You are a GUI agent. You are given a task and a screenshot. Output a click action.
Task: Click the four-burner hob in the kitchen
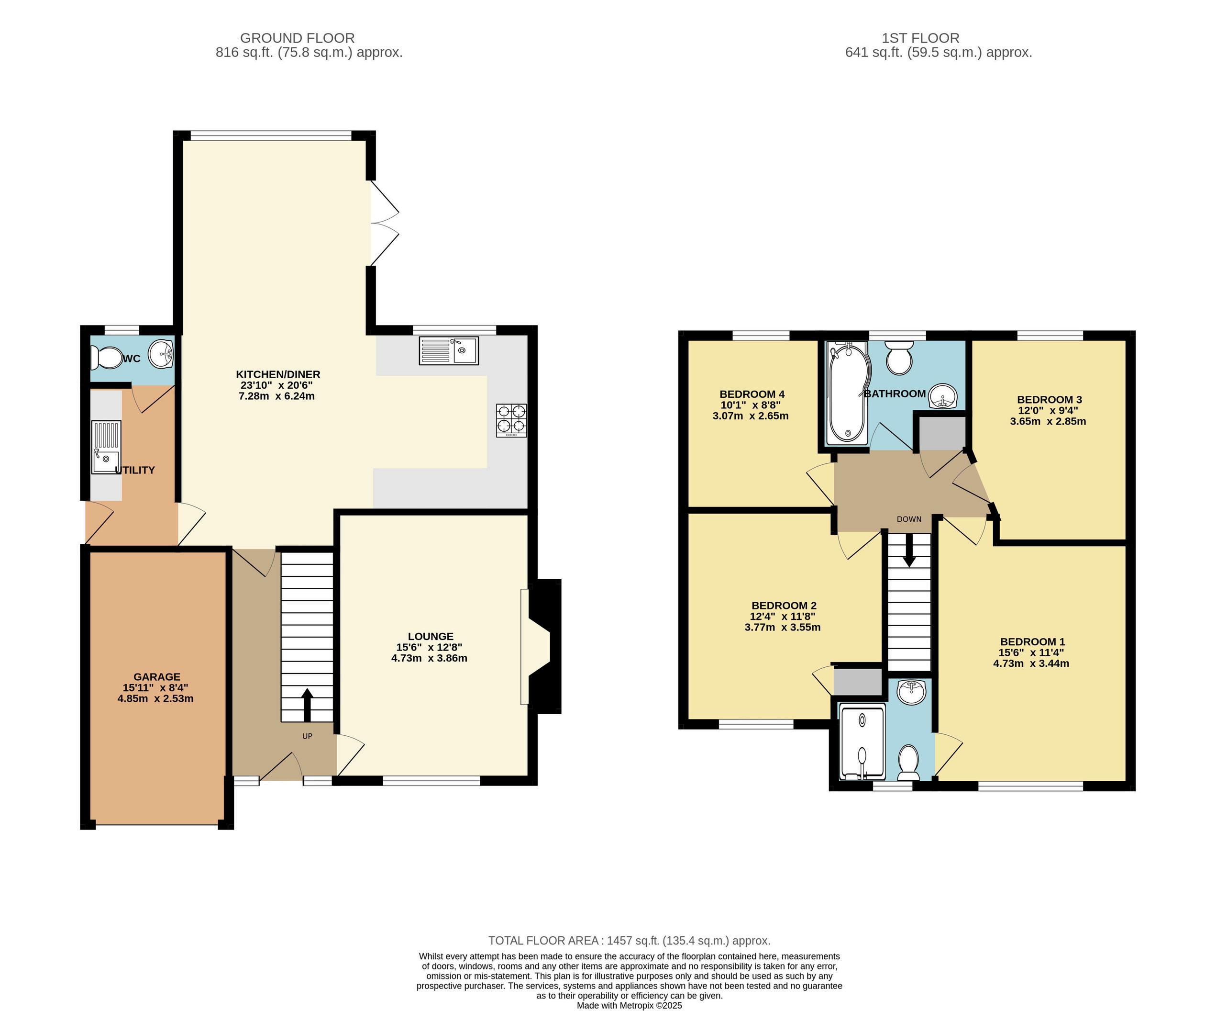(511, 420)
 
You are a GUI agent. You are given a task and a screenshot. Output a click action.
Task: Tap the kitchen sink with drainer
(449, 350)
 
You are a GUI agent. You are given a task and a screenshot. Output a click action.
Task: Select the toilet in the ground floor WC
(105, 358)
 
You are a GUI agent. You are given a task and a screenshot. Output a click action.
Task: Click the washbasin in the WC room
(162, 355)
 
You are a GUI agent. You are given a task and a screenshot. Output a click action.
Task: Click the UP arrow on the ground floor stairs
(307, 705)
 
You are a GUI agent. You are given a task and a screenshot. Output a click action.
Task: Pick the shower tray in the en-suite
(862, 742)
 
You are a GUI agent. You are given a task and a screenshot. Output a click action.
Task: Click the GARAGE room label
(157, 677)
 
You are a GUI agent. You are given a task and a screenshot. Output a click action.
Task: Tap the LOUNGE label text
(430, 636)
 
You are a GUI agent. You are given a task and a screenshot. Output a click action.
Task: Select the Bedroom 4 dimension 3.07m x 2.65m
(751, 416)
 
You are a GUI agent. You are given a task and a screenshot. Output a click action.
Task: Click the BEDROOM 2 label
(784, 606)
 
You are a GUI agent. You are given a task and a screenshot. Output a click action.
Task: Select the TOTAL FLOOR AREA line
(630, 941)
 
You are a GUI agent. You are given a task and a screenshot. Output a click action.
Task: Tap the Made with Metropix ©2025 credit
(630, 1006)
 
